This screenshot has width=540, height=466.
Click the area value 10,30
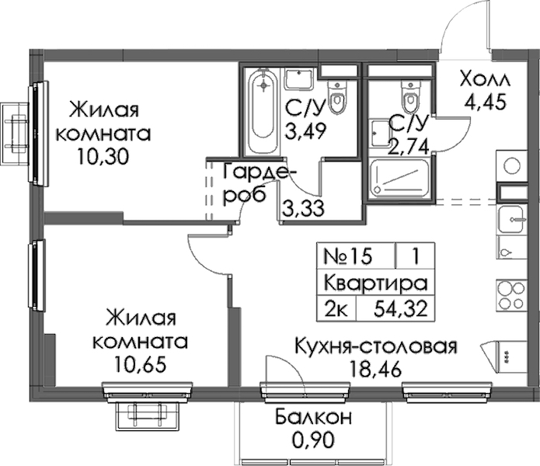click(x=103, y=158)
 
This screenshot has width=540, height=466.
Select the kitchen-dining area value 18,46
click(x=375, y=369)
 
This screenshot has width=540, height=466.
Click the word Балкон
click(x=313, y=418)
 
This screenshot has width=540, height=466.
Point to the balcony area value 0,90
click(x=313, y=440)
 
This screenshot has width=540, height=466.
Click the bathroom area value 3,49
click(x=305, y=131)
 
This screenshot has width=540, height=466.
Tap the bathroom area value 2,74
click(x=409, y=147)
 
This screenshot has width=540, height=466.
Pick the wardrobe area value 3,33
click(x=303, y=209)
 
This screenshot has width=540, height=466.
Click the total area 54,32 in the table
click(x=400, y=308)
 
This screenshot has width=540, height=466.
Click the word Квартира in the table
click(x=376, y=283)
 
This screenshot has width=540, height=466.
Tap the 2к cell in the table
click(x=336, y=308)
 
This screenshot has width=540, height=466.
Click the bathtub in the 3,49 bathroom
click(x=264, y=112)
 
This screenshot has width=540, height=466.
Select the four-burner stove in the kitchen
click(x=511, y=294)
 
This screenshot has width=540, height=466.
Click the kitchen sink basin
click(x=511, y=219)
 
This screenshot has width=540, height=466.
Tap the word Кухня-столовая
click(x=376, y=347)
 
